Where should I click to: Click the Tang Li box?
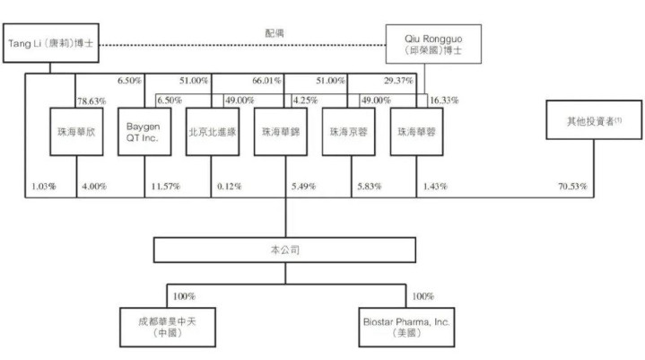50,43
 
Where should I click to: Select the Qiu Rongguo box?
433,44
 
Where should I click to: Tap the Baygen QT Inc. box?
144,132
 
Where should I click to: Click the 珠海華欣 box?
76,132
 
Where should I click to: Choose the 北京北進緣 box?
213,132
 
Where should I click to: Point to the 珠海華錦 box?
281,132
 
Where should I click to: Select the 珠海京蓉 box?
348,132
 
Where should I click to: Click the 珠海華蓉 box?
417,132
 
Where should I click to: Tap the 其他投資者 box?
594,119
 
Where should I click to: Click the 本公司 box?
284,250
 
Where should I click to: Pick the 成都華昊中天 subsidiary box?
168,327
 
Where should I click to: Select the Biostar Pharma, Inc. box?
406,327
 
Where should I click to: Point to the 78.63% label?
92,101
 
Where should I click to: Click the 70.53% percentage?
572,187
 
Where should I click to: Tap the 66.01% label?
266,81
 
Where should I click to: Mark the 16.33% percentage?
444,101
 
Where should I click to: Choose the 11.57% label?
165,187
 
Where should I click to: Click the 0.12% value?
229,187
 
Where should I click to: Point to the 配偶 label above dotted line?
275,33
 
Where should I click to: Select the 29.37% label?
398,81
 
